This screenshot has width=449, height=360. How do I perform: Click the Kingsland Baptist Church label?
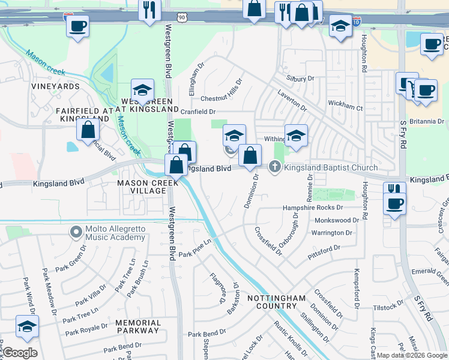331,167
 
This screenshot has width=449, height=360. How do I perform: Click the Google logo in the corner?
19,353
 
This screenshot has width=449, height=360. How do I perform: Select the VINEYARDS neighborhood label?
56,86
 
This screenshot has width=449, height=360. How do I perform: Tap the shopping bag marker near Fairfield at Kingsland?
88,128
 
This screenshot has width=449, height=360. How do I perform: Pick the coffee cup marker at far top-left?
77,27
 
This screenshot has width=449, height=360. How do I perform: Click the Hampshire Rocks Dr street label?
312,208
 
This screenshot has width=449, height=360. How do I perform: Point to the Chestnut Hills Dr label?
221,97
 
